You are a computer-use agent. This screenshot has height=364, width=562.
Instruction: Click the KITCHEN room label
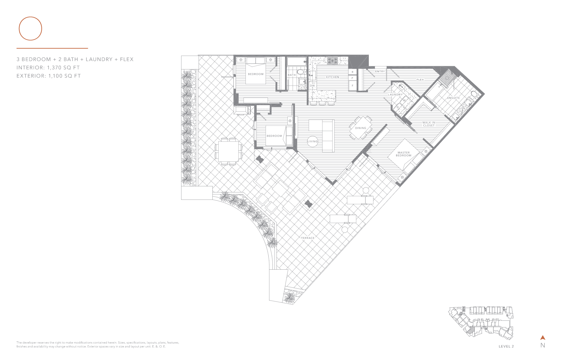332,77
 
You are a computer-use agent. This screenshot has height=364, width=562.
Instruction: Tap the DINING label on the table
361,128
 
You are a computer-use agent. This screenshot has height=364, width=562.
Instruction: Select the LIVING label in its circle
313,142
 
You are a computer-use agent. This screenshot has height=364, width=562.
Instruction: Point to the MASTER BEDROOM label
403,154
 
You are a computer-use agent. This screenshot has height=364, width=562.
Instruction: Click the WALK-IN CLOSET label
429,124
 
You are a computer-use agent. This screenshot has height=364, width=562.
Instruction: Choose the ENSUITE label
453,98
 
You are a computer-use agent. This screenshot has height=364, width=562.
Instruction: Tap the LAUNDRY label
395,95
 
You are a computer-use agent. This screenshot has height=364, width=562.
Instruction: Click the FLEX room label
420,80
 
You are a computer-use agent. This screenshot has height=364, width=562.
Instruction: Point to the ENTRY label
380,71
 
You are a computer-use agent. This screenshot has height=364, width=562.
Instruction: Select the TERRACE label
308,238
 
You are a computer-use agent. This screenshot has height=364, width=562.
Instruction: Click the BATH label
292,75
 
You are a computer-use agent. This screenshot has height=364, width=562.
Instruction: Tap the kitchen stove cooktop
333,61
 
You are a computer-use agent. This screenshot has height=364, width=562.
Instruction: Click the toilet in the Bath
301,72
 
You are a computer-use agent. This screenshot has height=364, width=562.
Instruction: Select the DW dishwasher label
312,86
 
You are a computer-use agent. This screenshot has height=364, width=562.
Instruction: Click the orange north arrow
543,338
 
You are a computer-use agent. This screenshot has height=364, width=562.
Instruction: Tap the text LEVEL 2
506,347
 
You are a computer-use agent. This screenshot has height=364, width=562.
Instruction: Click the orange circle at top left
30,28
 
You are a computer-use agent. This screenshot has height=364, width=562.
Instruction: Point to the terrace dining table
229,151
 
